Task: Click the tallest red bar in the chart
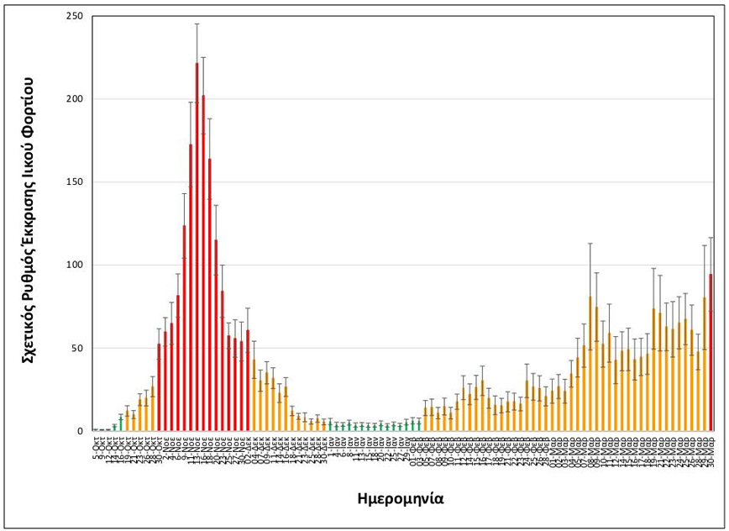pyautogui.click(x=197, y=252)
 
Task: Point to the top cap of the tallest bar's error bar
pyautogui.click(x=197, y=24)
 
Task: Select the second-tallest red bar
pyautogui.click(x=203, y=269)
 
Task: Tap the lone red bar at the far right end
pyautogui.click(x=711, y=353)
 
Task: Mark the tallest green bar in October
pyautogui.click(x=121, y=423)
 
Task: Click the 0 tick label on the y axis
pyautogui.click(x=80, y=431)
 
